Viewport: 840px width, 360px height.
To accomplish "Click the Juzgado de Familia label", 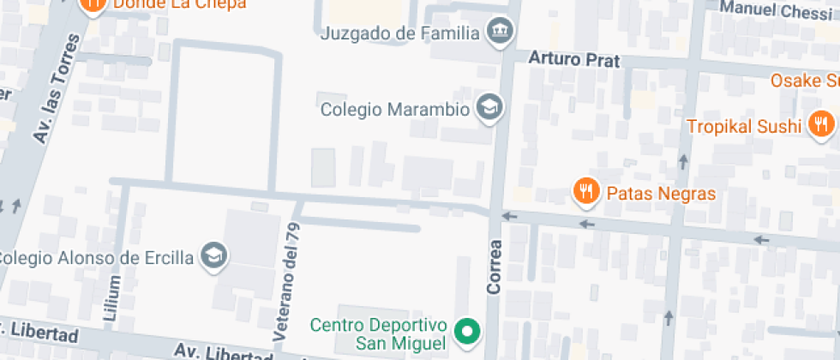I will (399, 33).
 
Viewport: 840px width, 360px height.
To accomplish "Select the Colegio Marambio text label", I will (395, 110).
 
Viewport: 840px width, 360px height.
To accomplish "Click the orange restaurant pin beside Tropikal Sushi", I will (820, 123).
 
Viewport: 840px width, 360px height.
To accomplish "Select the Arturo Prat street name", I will (573, 60).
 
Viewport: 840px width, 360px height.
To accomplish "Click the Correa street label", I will (494, 267).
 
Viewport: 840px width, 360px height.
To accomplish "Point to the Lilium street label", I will (111, 297).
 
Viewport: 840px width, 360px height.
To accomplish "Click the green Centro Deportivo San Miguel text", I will (379, 334).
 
